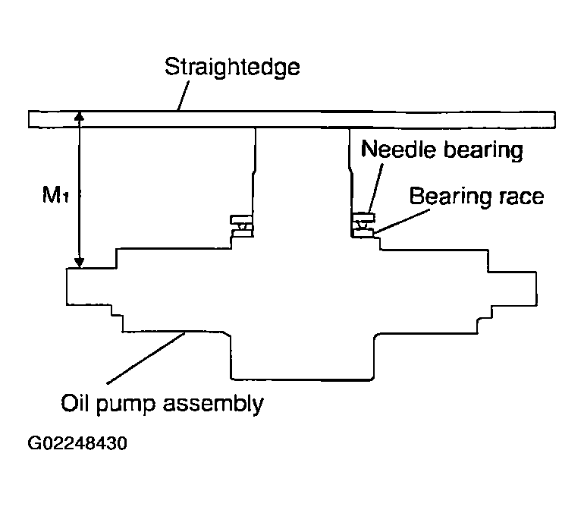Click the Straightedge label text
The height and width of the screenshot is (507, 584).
click(232, 68)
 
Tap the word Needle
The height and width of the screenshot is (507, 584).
click(398, 149)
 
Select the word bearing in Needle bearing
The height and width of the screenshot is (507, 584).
click(483, 150)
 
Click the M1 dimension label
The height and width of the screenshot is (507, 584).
click(55, 194)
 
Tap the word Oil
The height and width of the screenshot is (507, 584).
click(74, 402)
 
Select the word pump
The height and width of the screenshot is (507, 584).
click(125, 405)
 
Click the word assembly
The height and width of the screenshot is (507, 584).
click(213, 404)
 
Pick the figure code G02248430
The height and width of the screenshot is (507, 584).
click(77, 443)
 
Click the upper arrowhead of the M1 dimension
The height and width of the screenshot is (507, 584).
click(79, 116)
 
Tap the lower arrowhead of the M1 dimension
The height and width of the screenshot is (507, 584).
click(79, 263)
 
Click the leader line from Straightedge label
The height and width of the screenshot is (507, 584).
click(183, 96)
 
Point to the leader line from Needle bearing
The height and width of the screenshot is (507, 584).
click(375, 188)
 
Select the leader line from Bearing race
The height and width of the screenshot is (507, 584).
click(401, 222)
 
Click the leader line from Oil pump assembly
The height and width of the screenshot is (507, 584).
click(146, 358)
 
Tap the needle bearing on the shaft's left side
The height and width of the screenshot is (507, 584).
click(242, 226)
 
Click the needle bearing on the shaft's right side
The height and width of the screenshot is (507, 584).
click(363, 225)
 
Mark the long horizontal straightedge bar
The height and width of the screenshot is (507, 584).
click(292, 120)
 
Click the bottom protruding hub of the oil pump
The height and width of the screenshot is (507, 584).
click(302, 357)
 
